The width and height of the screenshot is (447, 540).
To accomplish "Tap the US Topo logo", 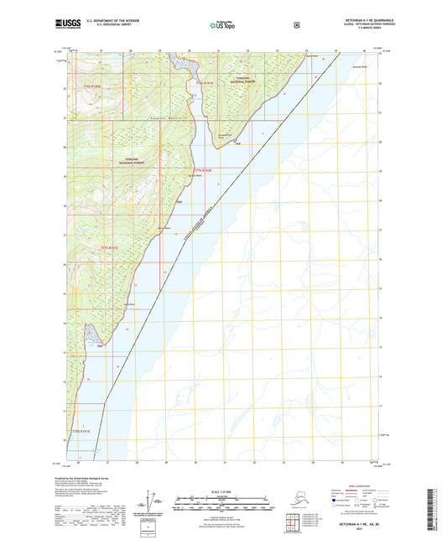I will click(224, 25).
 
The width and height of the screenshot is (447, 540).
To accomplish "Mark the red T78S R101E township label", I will click(112, 248).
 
